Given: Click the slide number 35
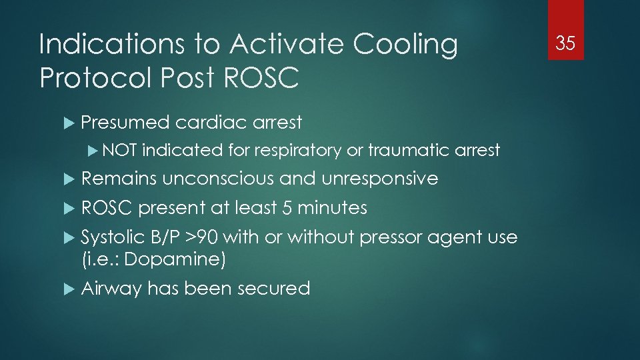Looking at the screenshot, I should [x=565, y=44].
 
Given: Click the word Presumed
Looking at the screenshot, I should [x=125, y=123].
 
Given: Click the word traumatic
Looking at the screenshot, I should [x=407, y=151].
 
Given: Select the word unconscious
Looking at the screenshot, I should [x=218, y=179].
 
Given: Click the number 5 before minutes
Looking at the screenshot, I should [x=287, y=208].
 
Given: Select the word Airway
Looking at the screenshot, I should [x=111, y=289].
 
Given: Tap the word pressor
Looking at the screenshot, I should [x=387, y=238].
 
